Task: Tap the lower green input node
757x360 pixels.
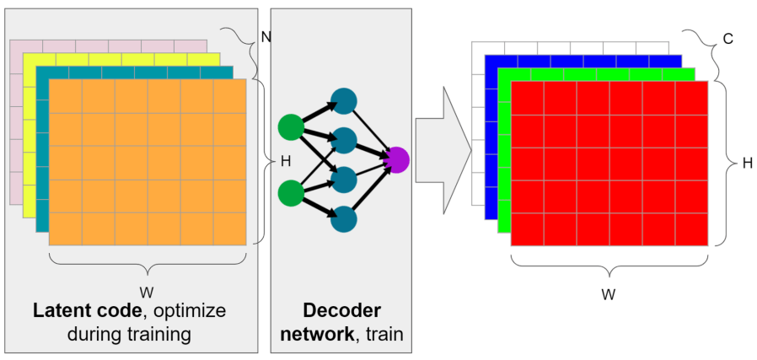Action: click(x=291, y=193)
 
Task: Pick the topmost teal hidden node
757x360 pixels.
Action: click(x=344, y=101)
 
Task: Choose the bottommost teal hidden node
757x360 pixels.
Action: click(x=344, y=218)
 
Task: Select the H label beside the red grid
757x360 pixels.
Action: click(x=746, y=164)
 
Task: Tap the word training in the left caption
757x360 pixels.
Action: click(x=159, y=333)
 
